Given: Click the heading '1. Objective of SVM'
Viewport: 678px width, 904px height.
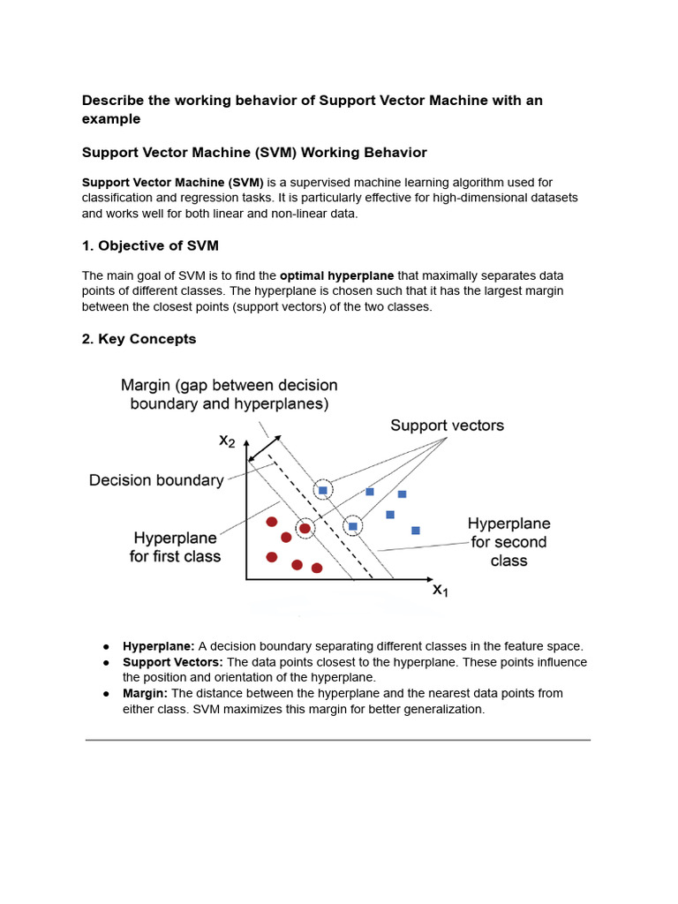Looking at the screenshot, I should [x=150, y=245].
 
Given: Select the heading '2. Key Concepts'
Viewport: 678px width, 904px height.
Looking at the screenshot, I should [x=139, y=339].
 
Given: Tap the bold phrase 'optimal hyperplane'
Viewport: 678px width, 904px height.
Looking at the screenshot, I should [x=337, y=275].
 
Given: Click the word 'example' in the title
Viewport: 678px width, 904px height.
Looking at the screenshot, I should [x=111, y=119].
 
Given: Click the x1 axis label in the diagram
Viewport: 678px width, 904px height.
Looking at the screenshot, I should [x=440, y=591].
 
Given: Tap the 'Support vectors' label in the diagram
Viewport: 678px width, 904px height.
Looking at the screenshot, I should [x=447, y=426].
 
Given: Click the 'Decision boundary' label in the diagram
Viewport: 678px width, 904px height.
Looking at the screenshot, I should [x=156, y=480].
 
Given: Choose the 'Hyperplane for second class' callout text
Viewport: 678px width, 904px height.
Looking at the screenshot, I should [x=508, y=542].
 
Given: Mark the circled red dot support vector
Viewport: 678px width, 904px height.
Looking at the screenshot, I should [x=305, y=529].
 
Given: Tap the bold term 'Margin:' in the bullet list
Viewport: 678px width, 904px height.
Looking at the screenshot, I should [x=145, y=693].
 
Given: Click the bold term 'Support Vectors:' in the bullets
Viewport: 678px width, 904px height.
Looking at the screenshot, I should [x=173, y=662].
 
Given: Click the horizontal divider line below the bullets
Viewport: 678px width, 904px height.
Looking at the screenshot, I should [x=337, y=740].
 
